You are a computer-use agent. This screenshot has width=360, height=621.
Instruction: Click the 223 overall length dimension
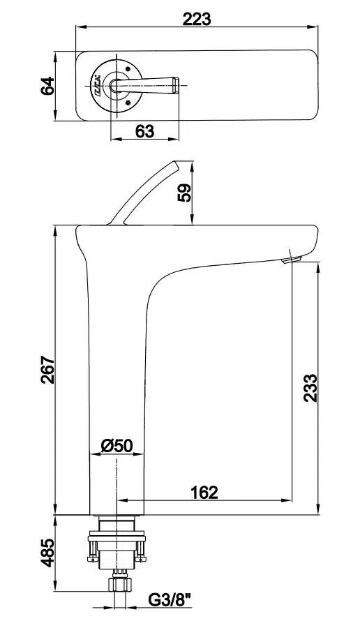(x=197, y=19)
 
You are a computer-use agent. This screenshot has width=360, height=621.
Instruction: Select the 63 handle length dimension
(x=144, y=131)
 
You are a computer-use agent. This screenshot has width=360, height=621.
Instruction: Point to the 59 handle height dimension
(x=185, y=193)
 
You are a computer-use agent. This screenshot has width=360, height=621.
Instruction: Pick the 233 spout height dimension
(x=310, y=388)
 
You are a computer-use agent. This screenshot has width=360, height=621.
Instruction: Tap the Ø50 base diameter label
(x=117, y=446)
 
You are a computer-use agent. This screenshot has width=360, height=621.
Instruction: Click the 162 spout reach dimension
(x=204, y=493)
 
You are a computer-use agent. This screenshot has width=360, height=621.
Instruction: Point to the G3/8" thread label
(x=170, y=600)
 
